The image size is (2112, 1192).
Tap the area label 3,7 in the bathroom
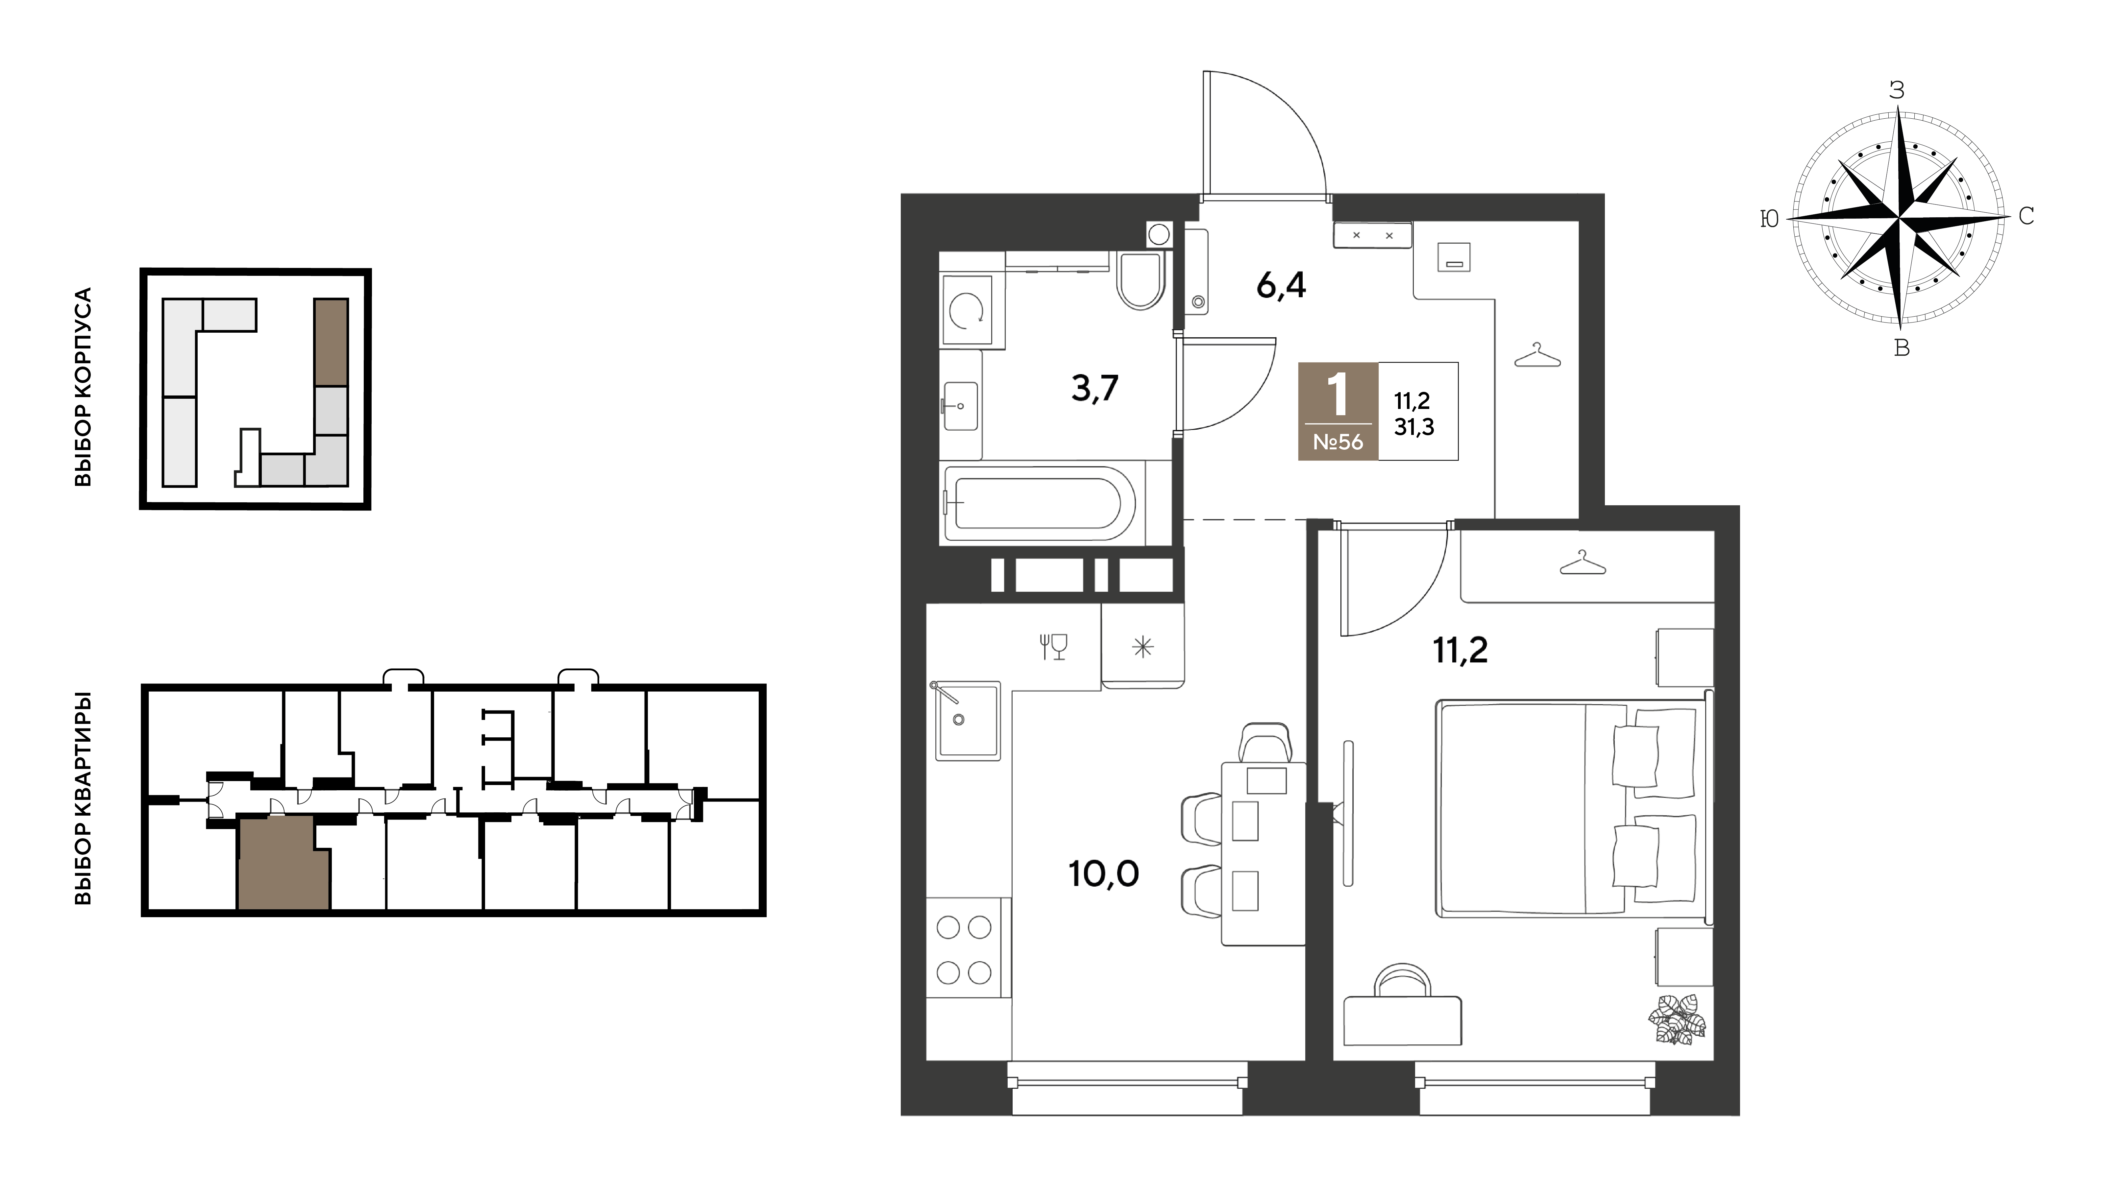(1094, 388)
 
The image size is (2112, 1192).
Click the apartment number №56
(1338, 442)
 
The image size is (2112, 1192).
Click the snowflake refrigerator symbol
(1143, 648)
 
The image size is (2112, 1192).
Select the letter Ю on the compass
(1769, 219)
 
